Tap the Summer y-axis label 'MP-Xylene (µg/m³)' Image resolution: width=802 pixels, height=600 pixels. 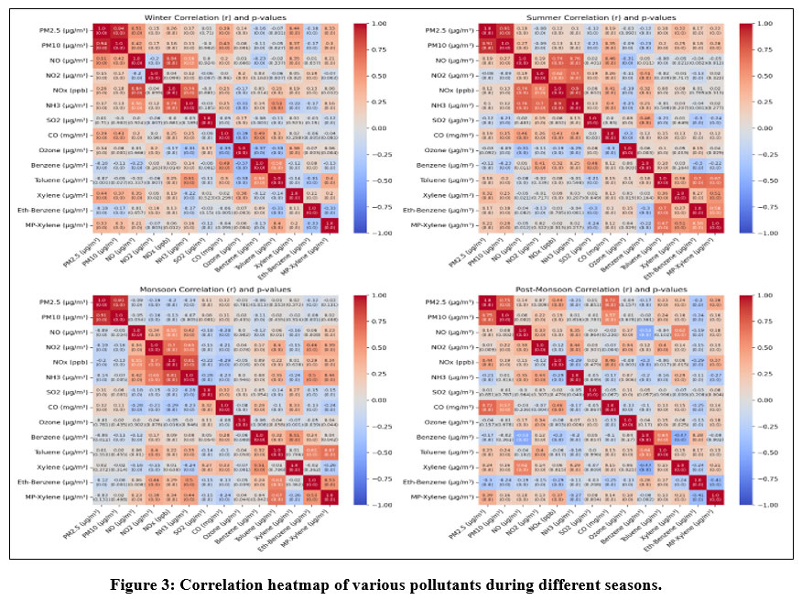[x=439, y=223]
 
